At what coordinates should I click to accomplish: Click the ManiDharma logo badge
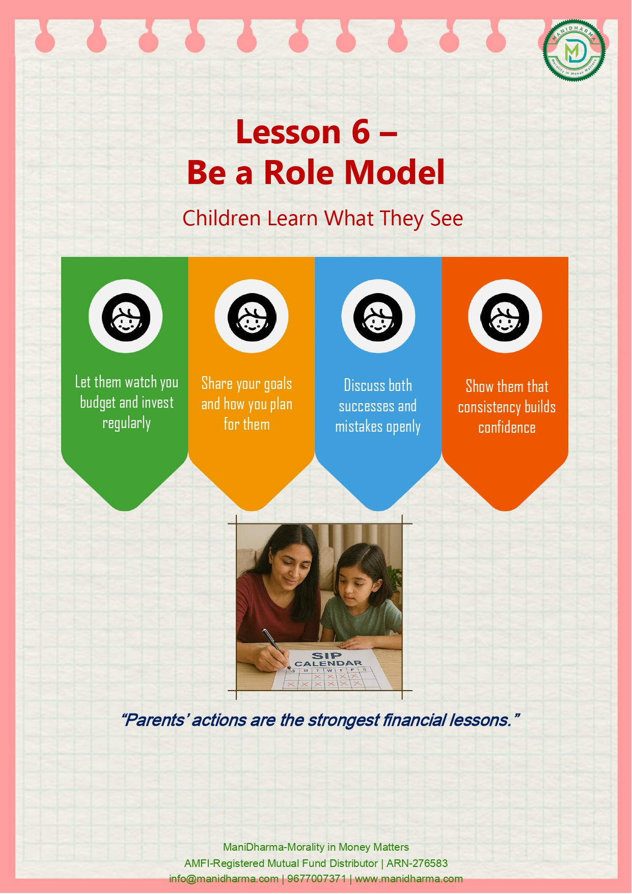[x=574, y=50]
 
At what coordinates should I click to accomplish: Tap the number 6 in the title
[x=361, y=132]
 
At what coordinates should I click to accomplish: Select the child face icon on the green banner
[x=126, y=317]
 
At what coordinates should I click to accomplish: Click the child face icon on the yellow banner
[x=252, y=317]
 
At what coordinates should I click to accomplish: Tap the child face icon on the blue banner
[x=378, y=317]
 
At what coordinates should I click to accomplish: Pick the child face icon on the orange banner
[x=505, y=317]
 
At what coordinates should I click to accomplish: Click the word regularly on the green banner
[x=127, y=424]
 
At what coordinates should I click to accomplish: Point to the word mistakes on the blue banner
[x=359, y=427]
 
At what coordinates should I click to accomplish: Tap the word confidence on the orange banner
[x=507, y=428]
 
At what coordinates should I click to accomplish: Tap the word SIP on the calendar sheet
[x=326, y=656]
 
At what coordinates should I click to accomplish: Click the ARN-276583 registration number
[x=417, y=863]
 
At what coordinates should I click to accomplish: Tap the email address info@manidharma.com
[x=224, y=879]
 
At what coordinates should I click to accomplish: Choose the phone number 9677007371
[x=317, y=879]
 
